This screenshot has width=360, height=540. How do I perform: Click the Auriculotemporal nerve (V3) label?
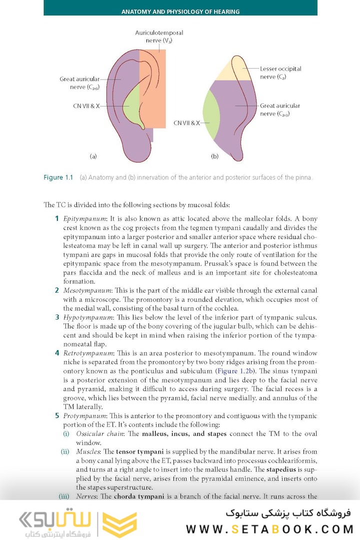point(155,36)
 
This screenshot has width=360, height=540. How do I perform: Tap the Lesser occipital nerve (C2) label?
point(280,72)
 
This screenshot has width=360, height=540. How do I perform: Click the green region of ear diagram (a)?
point(132,107)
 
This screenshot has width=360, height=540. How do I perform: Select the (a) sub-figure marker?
point(93,156)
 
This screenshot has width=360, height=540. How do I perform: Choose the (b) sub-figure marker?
point(215,156)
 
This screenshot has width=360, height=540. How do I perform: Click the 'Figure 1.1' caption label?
point(58,177)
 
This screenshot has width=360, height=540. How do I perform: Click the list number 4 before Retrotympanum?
point(57,353)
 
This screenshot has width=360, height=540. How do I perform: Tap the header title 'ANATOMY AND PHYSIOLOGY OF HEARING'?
point(180,11)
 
